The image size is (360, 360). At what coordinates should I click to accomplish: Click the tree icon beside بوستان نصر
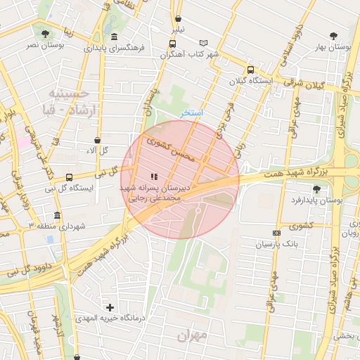coord(46,33)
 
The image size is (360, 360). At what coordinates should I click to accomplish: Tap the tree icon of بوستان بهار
coord(333,36)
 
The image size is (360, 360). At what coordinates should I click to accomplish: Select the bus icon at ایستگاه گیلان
coord(250,70)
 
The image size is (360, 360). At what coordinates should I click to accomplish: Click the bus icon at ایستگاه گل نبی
coord(69,177)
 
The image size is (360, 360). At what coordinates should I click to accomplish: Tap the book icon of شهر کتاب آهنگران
coord(204,43)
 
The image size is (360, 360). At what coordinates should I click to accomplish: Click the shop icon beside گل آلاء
coord(97,140)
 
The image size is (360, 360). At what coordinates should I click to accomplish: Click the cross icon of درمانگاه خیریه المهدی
coord(110,307)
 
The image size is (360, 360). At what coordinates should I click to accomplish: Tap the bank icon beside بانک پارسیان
coord(276,233)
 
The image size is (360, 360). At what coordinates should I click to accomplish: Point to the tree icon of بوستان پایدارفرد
coord(317,188)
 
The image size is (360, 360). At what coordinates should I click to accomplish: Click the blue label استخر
coord(191,112)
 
